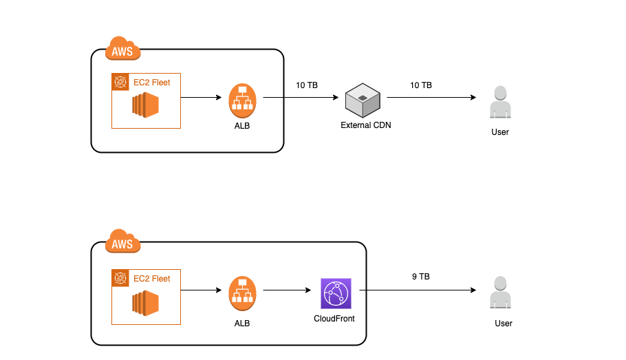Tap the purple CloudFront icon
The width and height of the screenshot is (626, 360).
pyautogui.click(x=336, y=294)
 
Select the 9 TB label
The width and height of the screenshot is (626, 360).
pyautogui.click(x=421, y=277)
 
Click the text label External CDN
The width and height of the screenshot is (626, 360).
pyautogui.click(x=366, y=126)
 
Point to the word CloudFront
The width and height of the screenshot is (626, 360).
pyautogui.click(x=334, y=319)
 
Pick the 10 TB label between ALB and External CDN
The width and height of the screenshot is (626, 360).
pyautogui.click(x=307, y=85)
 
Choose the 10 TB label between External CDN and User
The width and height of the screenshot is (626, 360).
pyautogui.click(x=421, y=85)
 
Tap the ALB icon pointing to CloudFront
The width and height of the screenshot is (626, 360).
pyautogui.click(x=242, y=293)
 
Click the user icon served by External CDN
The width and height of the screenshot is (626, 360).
pyautogui.click(x=500, y=102)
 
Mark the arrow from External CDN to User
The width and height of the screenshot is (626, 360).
pyautogui.click(x=431, y=98)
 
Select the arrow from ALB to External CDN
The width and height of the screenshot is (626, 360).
pyautogui.click(x=303, y=98)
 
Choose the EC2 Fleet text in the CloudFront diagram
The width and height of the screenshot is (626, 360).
pyautogui.click(x=151, y=278)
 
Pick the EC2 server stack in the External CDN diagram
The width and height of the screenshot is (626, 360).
pyautogui.click(x=146, y=105)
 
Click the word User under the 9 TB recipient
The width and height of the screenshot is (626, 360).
pyautogui.click(x=504, y=323)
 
